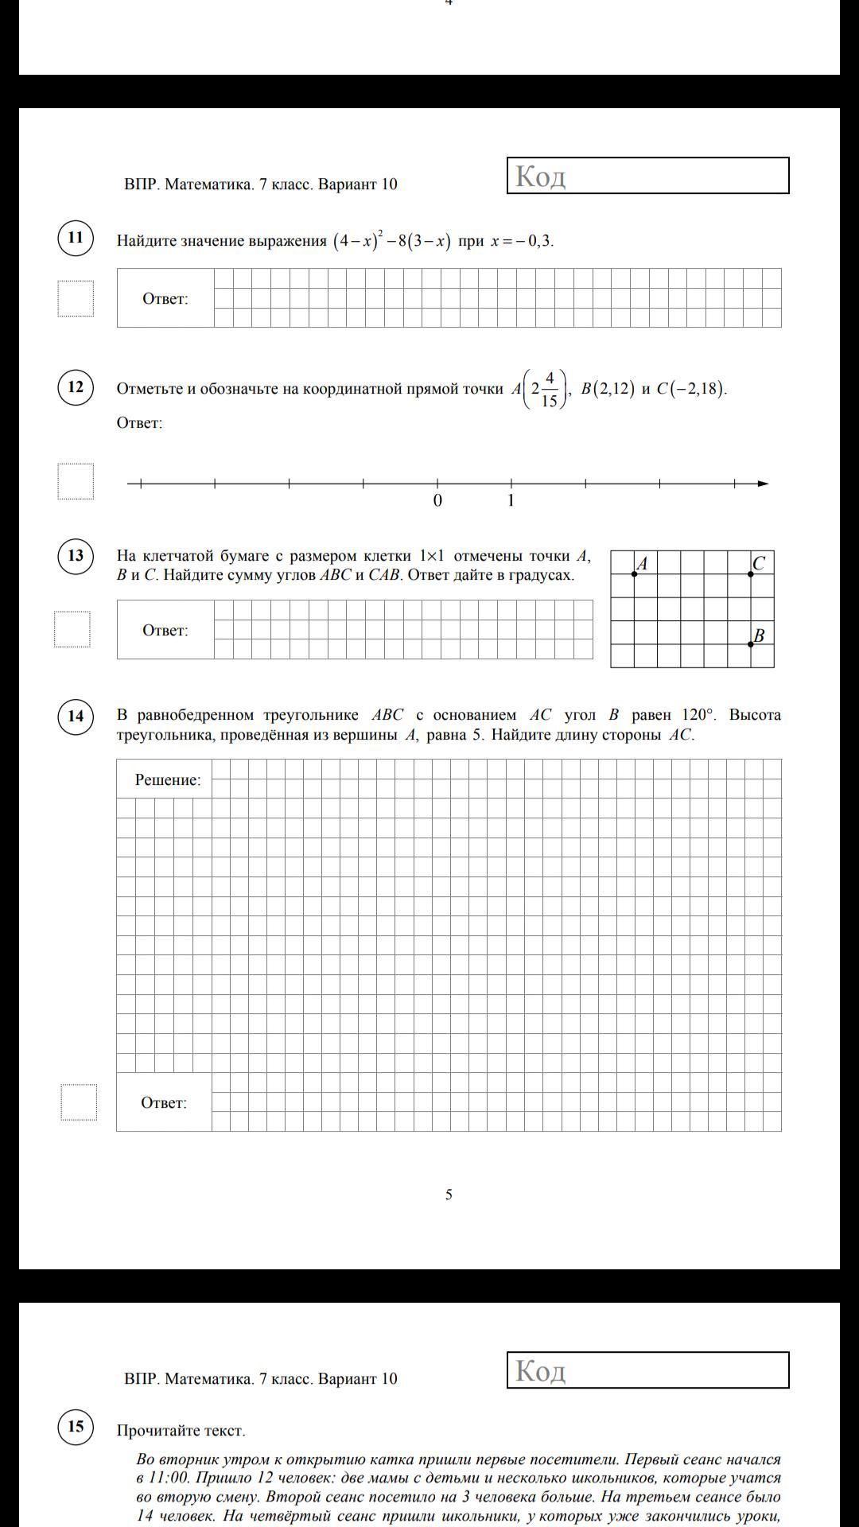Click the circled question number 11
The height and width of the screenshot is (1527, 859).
[x=76, y=238]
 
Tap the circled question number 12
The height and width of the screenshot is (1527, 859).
[x=76, y=387]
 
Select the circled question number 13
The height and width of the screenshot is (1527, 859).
[x=76, y=555]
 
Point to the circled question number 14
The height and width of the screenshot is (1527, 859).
[x=76, y=716]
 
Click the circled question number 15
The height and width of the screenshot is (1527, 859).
[x=76, y=1426]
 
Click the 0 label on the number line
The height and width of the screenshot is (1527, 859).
[x=437, y=501]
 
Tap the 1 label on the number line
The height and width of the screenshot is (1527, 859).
[x=511, y=501]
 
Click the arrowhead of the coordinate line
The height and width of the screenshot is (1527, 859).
[x=763, y=484]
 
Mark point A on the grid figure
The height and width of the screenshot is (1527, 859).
[x=634, y=573]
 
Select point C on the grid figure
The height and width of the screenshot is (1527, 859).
[x=751, y=573]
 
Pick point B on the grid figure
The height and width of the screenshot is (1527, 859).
[x=751, y=644]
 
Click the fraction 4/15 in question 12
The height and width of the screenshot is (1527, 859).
[x=549, y=389]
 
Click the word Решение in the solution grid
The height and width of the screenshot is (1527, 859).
[x=168, y=780]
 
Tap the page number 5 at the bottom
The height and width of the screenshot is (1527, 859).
[x=449, y=1195]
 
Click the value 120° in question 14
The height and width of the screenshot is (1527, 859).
[x=698, y=715]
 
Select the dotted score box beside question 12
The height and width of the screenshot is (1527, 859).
[x=76, y=481]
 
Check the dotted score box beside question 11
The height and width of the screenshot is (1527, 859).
[x=76, y=298]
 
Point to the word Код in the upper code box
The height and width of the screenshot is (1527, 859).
[x=540, y=176]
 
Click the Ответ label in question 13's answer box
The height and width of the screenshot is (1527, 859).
[x=165, y=631]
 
